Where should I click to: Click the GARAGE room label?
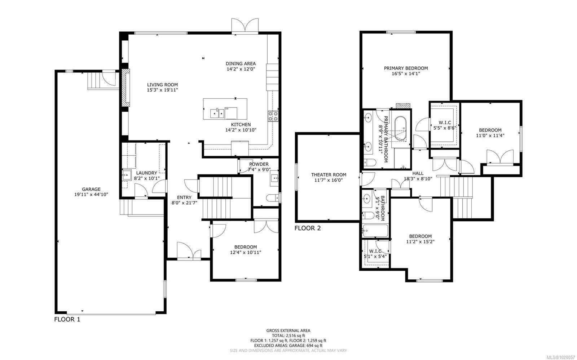coord(91,189)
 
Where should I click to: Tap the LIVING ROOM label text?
coord(162,85)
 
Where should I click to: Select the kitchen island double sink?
coord(217,114)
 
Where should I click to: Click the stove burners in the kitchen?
coord(273,116)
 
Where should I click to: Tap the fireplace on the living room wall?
coord(124,88)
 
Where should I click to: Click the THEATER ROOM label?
coord(329,175)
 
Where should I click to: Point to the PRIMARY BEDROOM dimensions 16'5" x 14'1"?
coord(406,74)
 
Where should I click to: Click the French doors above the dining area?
coord(245,26)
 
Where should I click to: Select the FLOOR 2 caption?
coord(307,228)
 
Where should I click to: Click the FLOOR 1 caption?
coord(67,319)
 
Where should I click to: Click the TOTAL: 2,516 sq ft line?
coord(288,335)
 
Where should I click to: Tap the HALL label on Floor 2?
coord(418,173)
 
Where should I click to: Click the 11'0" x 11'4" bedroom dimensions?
coord(490,135)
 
